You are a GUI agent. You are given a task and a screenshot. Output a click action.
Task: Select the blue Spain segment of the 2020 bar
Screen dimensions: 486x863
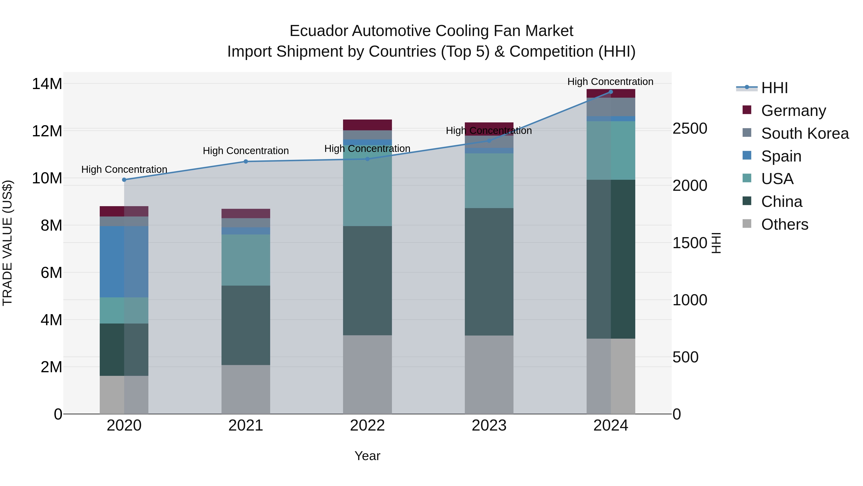click(x=124, y=262)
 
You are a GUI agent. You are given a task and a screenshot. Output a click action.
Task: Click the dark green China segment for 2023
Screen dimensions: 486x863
click(x=489, y=272)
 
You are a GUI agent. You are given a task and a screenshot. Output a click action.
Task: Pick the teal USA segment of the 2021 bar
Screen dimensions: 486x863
click(x=245, y=260)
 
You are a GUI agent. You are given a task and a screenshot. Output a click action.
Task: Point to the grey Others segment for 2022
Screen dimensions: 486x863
click(x=367, y=374)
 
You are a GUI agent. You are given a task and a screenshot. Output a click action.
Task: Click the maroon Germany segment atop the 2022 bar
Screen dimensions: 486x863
click(x=367, y=125)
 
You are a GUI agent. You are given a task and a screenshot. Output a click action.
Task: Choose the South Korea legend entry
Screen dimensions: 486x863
click(x=805, y=133)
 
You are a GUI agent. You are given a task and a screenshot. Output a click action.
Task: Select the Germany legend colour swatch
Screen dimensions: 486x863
click(x=747, y=110)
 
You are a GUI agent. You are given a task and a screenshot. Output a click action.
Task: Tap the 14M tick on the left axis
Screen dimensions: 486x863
click(x=47, y=84)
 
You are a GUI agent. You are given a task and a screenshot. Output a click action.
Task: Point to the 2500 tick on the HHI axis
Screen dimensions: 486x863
click(x=690, y=129)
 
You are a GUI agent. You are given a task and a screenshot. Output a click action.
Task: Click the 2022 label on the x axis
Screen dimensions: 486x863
click(x=367, y=426)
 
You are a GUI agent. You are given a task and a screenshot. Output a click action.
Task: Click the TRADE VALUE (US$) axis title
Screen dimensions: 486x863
click(x=7, y=243)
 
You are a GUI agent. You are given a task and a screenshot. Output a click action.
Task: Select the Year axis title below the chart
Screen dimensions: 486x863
click(x=367, y=456)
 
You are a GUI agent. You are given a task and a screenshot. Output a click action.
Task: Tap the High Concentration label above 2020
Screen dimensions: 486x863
click(x=124, y=169)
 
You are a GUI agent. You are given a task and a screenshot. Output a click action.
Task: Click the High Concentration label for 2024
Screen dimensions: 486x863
click(x=610, y=82)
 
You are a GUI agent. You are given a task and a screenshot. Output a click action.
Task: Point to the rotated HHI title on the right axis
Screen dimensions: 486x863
click(x=716, y=243)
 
